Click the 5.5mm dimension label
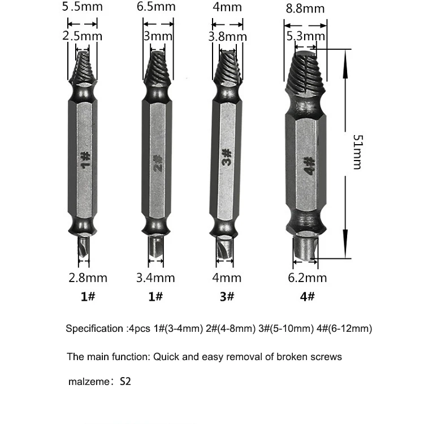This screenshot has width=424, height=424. pyautogui.click(x=82, y=6)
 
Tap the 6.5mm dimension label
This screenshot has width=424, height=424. pyautogui.click(x=156, y=6)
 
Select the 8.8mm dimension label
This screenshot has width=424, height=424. pyautogui.click(x=305, y=8)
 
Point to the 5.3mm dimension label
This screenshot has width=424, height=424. pyautogui.click(x=305, y=36)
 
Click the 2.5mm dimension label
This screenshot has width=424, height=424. pyautogui.click(x=82, y=36)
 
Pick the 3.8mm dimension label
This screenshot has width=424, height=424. pyautogui.click(x=227, y=37)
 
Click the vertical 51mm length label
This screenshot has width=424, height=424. pyautogui.click(x=358, y=152)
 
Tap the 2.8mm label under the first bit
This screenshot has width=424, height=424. pyautogui.click(x=88, y=278)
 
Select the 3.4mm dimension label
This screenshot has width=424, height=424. pyautogui.click(x=155, y=278)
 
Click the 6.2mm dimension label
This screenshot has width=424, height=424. pyautogui.click(x=308, y=278)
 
